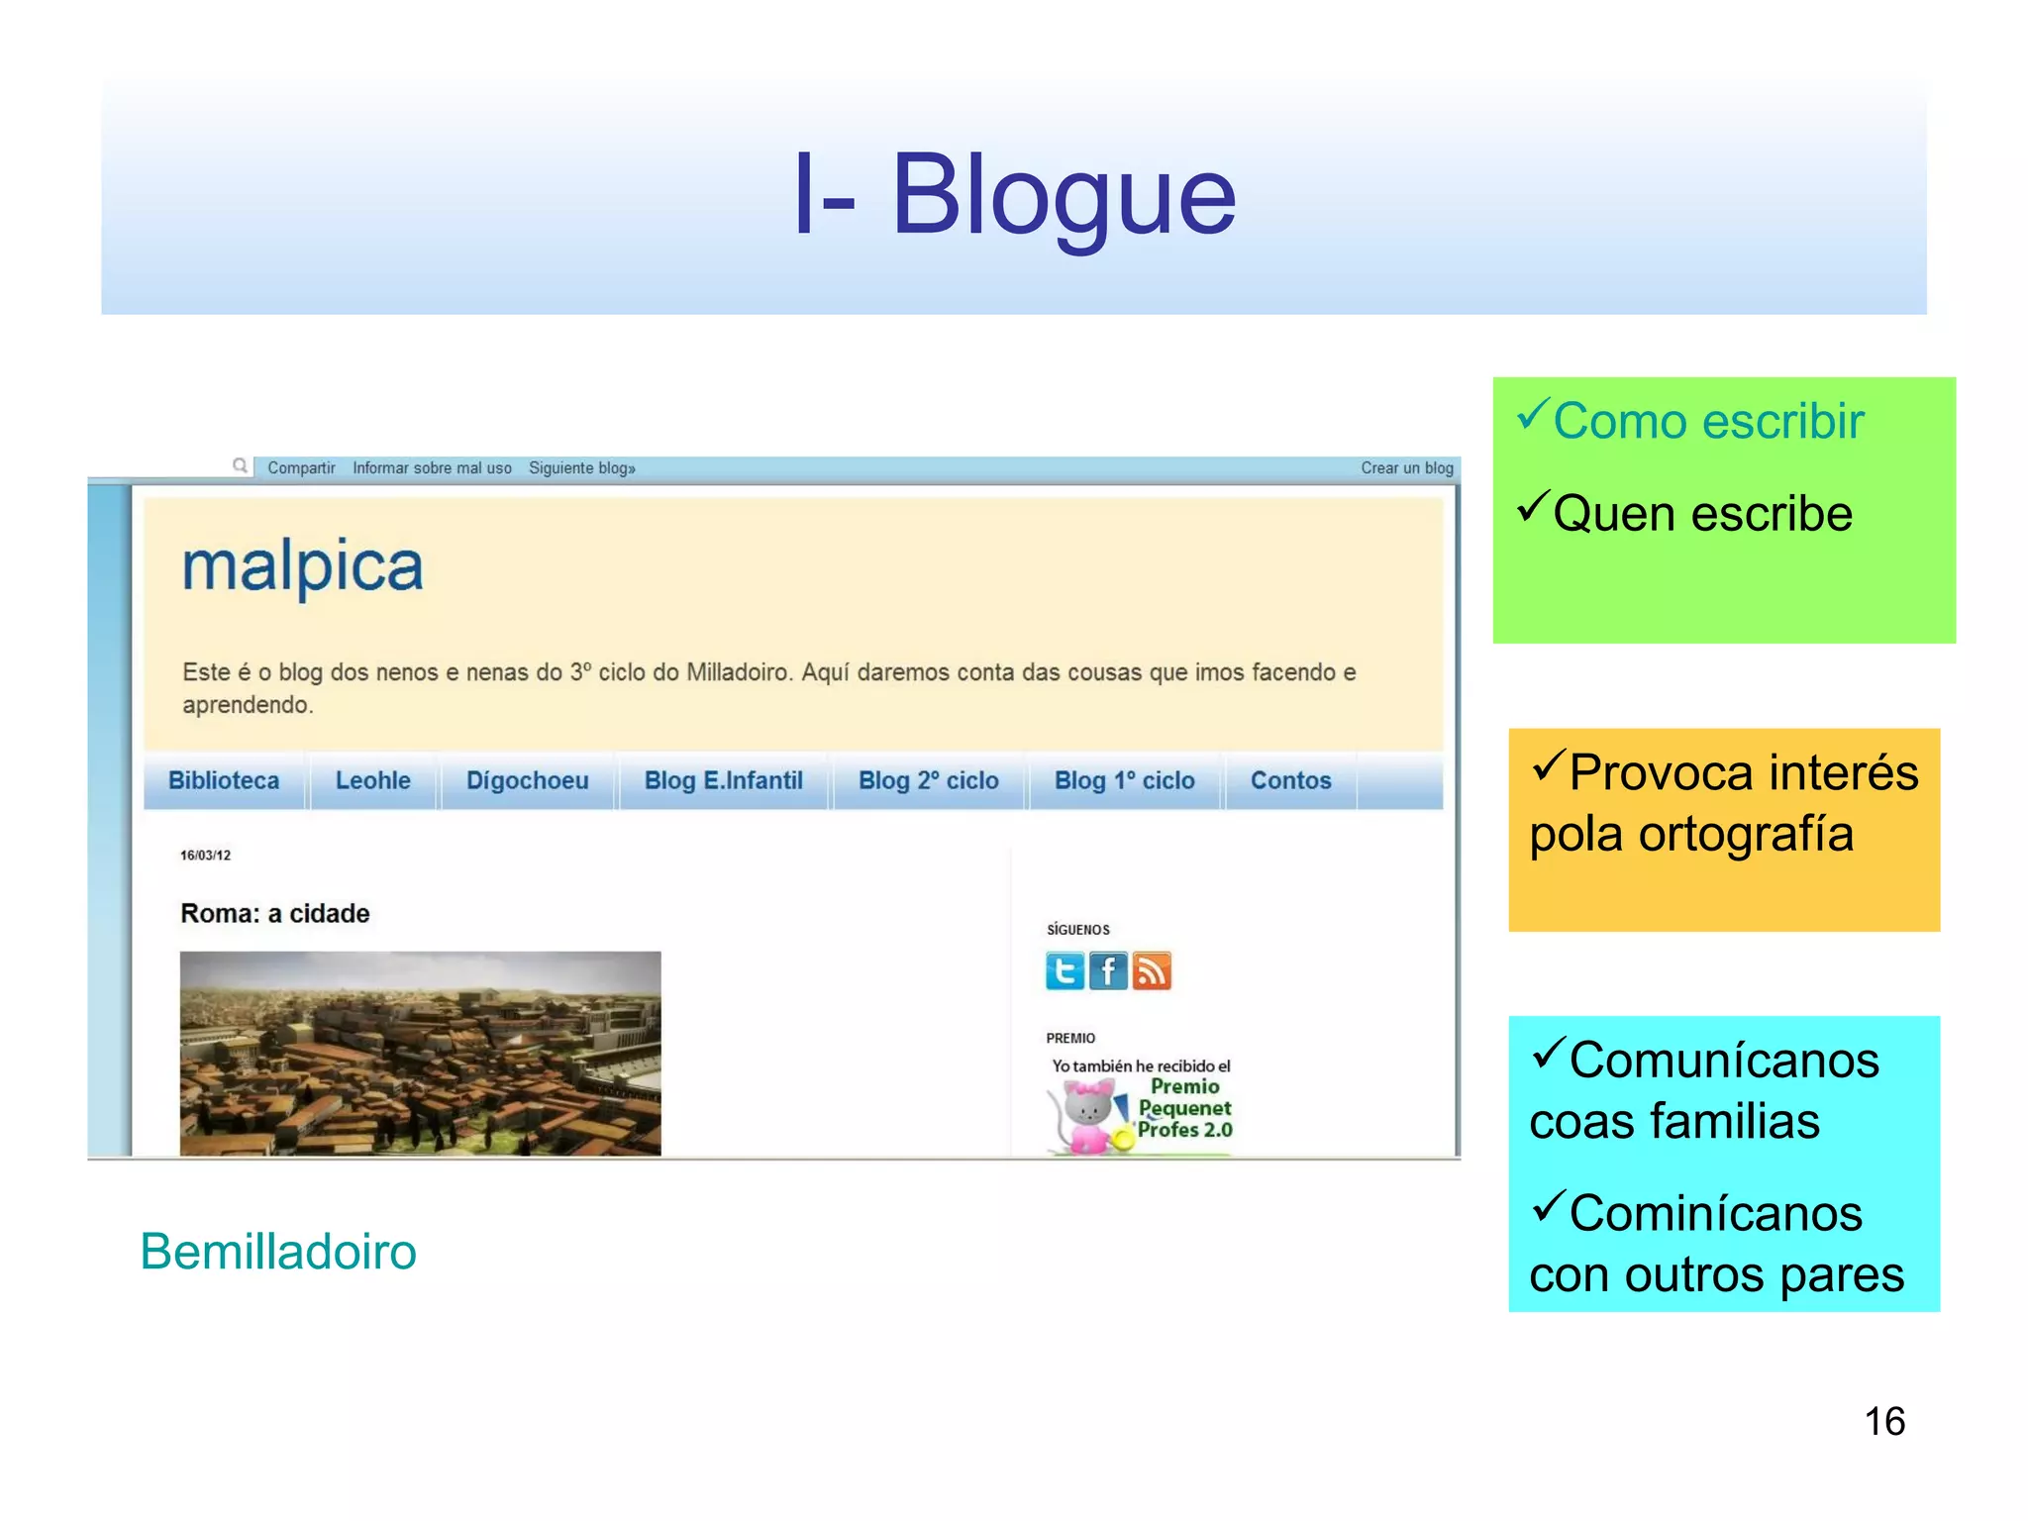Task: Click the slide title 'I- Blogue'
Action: (x=1014, y=196)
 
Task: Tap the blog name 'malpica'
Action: (x=302, y=566)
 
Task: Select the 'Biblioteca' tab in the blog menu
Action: (x=224, y=780)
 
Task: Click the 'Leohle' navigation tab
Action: (x=372, y=780)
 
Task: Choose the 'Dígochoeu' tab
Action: (x=527, y=780)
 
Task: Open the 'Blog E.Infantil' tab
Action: (x=723, y=780)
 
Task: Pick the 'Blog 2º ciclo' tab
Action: (x=928, y=780)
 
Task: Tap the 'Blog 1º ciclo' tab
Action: (x=1124, y=780)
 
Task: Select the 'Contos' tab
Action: (x=1290, y=780)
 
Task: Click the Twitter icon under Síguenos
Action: (x=1065, y=970)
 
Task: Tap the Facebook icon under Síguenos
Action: (x=1108, y=970)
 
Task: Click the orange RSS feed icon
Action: (x=1152, y=970)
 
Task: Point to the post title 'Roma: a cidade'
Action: (x=274, y=913)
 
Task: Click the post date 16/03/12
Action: (x=205, y=856)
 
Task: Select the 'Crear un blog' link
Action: (x=1406, y=468)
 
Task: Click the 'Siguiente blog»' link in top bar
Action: (x=581, y=468)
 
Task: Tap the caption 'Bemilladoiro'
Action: (x=278, y=1252)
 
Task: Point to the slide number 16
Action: (x=1884, y=1422)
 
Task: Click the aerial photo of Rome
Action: (x=420, y=1053)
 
